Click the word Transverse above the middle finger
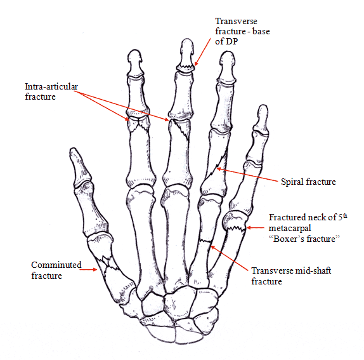(236, 21)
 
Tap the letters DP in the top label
(232, 41)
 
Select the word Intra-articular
(51, 86)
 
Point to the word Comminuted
(56, 265)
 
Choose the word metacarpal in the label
(290, 228)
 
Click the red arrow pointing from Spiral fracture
(247, 175)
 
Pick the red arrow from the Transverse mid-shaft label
(230, 258)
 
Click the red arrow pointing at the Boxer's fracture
(255, 228)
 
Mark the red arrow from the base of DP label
(202, 52)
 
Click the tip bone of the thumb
(80, 168)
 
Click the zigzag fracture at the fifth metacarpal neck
(236, 228)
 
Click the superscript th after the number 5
(345, 216)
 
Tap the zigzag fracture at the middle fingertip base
(185, 68)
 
